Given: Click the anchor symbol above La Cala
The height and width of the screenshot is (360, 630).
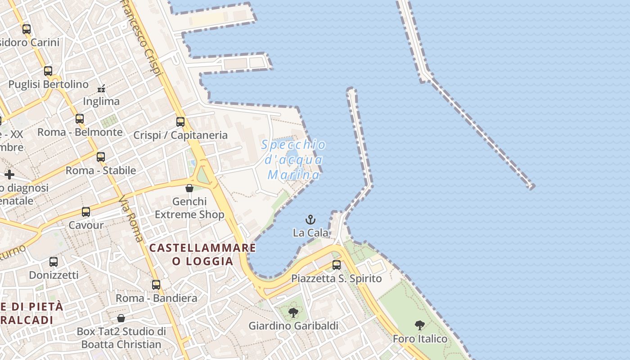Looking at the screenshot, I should click(310, 220).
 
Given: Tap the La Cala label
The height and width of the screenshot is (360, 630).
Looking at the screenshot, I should click(310, 233).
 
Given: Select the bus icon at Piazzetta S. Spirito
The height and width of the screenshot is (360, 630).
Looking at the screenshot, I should click(337, 265).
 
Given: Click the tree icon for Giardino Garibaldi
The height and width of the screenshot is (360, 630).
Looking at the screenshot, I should click(293, 312).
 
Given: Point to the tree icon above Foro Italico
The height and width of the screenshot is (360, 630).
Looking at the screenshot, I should click(420, 325).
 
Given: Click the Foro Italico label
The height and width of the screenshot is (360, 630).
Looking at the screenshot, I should click(420, 339).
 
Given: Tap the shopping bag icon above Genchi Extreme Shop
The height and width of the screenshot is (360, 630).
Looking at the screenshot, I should click(189, 188).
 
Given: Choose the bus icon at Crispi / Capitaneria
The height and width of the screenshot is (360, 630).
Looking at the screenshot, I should click(180, 122).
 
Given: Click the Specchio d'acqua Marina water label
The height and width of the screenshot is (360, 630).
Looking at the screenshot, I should click(294, 159).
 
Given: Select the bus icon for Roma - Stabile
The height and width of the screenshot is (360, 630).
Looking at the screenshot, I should click(101, 157).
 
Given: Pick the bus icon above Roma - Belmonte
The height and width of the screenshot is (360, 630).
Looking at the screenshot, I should click(80, 119).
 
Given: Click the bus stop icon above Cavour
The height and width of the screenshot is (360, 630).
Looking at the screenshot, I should click(86, 212).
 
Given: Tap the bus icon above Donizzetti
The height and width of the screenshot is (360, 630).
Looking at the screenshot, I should click(54, 262).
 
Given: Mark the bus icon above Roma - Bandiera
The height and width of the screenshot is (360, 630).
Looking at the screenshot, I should click(156, 285).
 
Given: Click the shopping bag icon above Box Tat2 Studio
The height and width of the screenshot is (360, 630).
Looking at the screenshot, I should click(121, 319).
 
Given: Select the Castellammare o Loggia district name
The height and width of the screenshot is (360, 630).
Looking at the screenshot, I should click(202, 254).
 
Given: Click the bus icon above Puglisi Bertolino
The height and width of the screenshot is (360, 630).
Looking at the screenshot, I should click(48, 71).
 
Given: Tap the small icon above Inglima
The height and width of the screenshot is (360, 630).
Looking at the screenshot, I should click(102, 88).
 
